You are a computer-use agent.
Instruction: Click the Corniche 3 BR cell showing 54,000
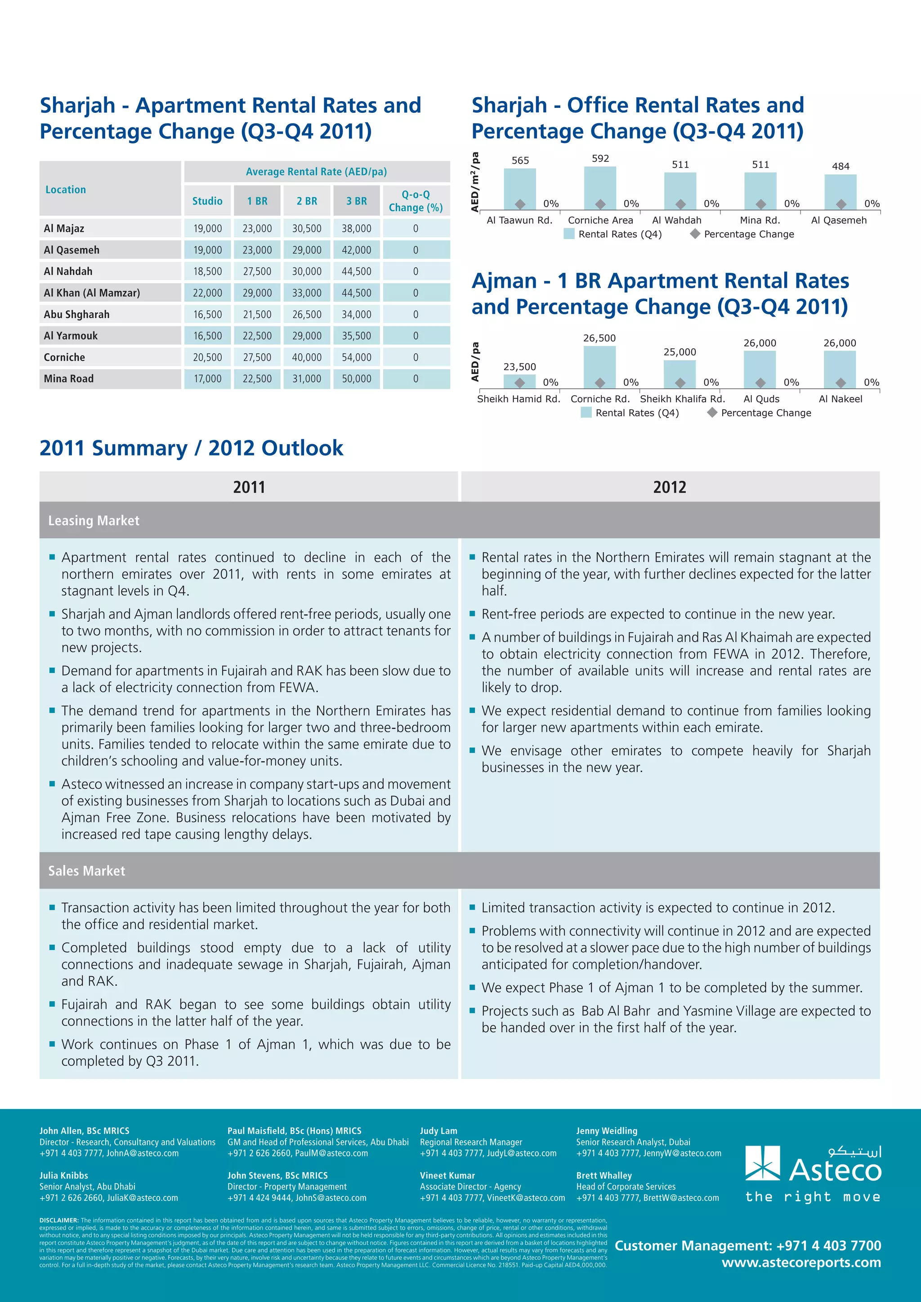[x=356, y=357]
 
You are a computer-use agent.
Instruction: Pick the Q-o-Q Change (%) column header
[x=416, y=201]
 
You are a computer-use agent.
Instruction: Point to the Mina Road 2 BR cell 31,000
[x=306, y=379]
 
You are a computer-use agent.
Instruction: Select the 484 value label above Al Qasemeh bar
[x=841, y=166]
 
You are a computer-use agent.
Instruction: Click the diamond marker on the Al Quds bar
[x=760, y=383]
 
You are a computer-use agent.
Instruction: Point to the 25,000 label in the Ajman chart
[x=680, y=352]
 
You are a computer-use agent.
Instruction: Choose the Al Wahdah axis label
[x=676, y=220]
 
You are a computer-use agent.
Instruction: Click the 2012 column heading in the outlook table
[x=670, y=486]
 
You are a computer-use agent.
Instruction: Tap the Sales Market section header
[x=87, y=870]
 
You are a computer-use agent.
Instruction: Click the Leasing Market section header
[x=94, y=520]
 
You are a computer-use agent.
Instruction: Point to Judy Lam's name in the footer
[x=438, y=1131]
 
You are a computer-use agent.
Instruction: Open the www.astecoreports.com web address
[x=801, y=1262]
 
